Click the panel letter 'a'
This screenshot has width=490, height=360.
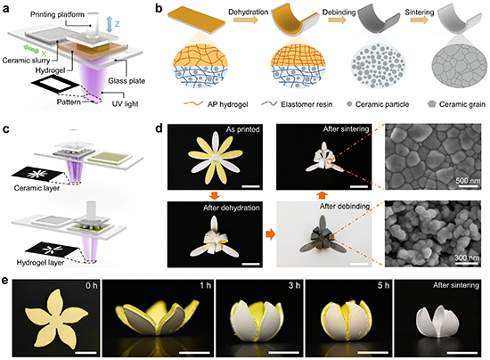[5, 8]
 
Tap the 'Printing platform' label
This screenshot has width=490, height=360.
[57, 14]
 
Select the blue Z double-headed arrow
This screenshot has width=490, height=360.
[109, 24]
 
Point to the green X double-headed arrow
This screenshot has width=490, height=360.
[31, 49]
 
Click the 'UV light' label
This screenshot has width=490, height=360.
[125, 103]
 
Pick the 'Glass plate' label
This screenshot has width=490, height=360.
[127, 81]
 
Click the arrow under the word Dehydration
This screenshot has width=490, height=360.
[246, 20]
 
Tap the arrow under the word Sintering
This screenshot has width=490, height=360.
[419, 20]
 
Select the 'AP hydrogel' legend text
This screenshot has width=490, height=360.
[227, 104]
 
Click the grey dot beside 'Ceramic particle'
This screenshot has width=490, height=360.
[349, 104]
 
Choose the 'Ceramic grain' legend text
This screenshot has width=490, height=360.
[462, 104]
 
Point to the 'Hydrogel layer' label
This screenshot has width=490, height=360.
[40, 263]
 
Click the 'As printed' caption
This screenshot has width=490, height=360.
[243, 129]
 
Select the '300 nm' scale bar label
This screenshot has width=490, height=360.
[467, 258]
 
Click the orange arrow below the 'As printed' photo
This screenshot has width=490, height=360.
[215, 196]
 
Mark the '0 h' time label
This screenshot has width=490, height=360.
[92, 286]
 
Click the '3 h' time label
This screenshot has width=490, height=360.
[294, 285]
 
